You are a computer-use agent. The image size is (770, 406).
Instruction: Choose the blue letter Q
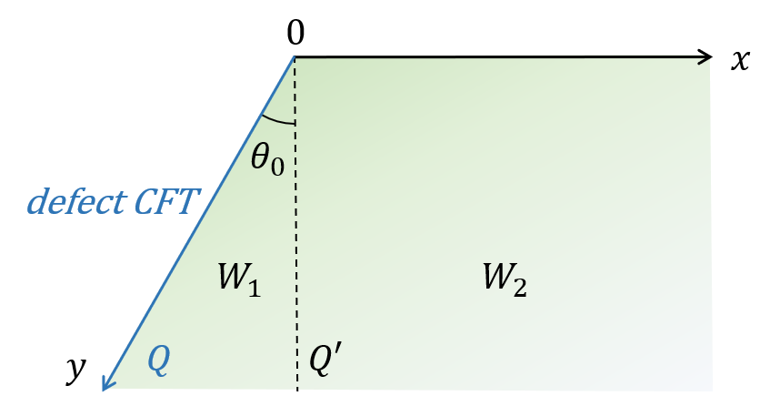point(158,361)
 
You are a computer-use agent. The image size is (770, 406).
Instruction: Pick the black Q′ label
point(325,361)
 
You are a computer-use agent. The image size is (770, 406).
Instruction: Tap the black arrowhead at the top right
point(705,59)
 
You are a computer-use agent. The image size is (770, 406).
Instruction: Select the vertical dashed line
point(295,228)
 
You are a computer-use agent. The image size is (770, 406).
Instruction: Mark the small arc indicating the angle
point(278,119)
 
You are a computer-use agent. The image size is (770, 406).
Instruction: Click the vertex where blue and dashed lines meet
point(295,57)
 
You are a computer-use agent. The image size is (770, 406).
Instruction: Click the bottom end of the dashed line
point(296,389)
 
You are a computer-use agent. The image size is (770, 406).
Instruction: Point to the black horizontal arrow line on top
point(500,58)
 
